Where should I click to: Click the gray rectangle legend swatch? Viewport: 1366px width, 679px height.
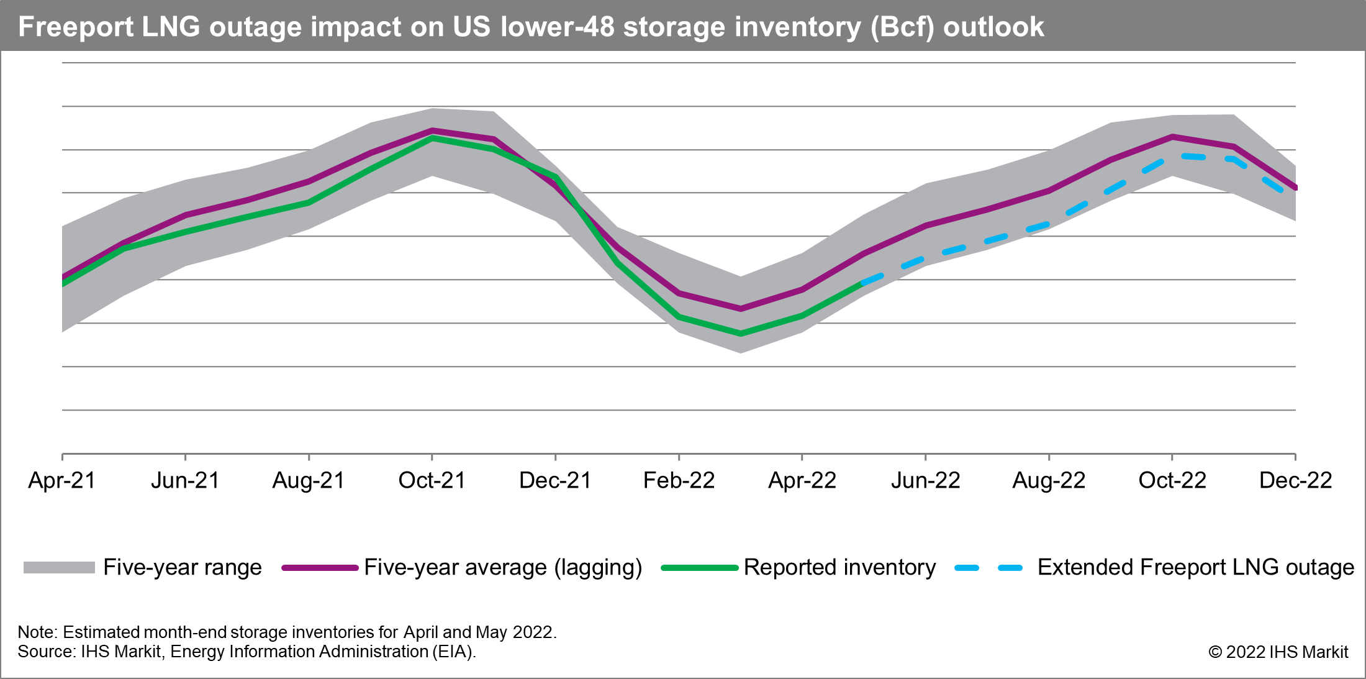tap(59, 567)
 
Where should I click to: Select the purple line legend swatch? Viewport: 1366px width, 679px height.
tap(320, 568)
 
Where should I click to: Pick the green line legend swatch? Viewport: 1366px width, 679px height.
tap(699, 568)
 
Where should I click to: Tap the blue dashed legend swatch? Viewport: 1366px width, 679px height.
tap(988, 568)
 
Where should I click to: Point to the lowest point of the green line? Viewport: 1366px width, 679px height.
tap(741, 334)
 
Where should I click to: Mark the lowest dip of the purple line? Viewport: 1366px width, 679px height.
tap(741, 309)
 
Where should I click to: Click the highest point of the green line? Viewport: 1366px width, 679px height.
tap(433, 138)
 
